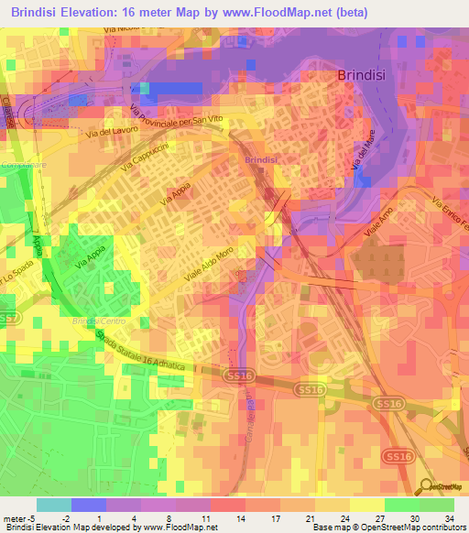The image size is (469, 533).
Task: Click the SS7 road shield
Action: [10, 318]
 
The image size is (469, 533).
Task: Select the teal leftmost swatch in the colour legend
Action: [54, 505]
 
